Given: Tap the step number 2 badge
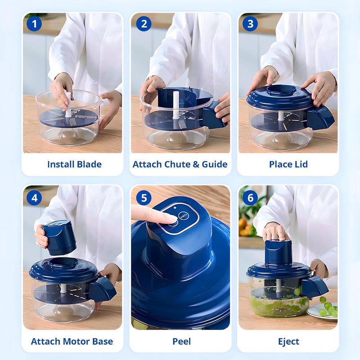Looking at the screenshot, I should click(x=143, y=23).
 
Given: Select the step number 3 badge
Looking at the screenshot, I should click(x=251, y=23).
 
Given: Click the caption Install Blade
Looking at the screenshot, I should click(x=74, y=164).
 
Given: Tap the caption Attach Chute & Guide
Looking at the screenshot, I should click(x=180, y=164).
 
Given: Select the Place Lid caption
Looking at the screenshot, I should click(x=288, y=164).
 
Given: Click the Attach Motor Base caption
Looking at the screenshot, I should click(x=72, y=341).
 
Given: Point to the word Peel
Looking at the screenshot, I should click(x=181, y=341).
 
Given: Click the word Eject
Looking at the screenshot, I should click(x=288, y=341).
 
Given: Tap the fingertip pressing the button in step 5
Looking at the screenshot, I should click(x=169, y=219).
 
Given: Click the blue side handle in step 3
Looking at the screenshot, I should click(x=320, y=118).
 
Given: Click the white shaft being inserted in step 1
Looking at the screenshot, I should click(x=68, y=104).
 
